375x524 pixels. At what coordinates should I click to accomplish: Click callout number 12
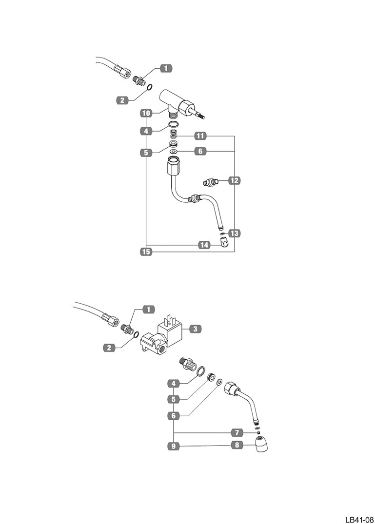tap(234, 181)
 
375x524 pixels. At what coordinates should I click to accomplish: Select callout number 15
tap(145, 252)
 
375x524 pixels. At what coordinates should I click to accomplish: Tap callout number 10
tap(145, 113)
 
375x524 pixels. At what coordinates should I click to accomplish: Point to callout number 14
tap(204, 245)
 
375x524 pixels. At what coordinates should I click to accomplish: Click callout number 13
tap(234, 233)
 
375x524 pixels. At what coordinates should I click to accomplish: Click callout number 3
tap(194, 329)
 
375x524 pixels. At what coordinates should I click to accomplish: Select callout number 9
tap(173, 446)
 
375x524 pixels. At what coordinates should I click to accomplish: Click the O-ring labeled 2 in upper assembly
tap(150, 88)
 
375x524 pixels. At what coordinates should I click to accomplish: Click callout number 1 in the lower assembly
tap(148, 309)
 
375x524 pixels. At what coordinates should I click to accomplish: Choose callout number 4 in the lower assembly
tap(173, 383)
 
